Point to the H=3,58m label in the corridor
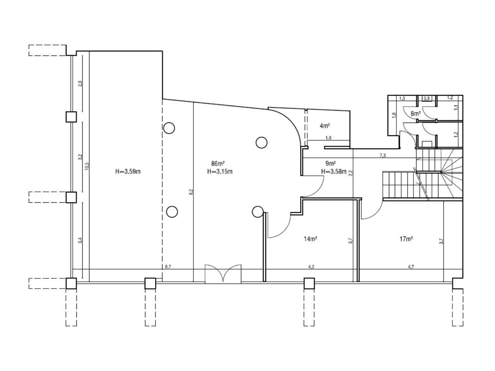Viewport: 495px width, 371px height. pos(333,172)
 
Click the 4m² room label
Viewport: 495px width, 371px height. pos(324,126)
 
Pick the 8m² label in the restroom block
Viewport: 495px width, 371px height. pos(416,114)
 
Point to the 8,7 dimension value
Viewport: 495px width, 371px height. pos(168,266)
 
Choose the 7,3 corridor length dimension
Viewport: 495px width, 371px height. pos(383,155)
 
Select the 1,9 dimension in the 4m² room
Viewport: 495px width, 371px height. pos(328,138)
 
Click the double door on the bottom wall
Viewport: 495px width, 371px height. pos(223,274)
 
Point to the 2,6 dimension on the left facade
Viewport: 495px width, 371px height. pos(80,83)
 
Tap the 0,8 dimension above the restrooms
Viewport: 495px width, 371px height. pos(427,98)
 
